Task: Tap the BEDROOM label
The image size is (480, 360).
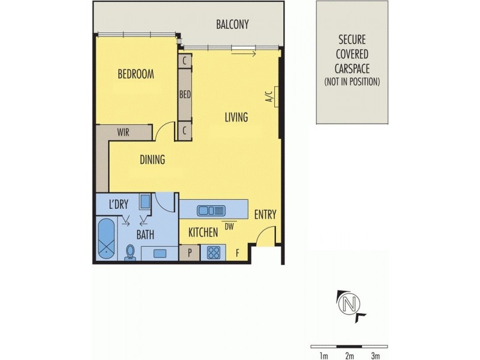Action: pos(136,74)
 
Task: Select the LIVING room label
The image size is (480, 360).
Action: pos(236,117)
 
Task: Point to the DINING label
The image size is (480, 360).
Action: pos(152,160)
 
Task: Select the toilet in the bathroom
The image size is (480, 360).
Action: pos(130,253)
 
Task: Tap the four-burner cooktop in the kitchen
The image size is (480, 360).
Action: pos(212,253)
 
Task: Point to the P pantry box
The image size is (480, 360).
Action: pos(190,253)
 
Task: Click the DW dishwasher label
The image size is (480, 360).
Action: pos(229,226)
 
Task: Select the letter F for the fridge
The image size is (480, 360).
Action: pos(238,253)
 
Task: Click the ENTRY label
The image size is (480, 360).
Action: pos(265,215)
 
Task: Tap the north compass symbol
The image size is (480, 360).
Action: pos(347,304)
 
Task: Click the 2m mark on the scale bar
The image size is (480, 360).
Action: pos(349,355)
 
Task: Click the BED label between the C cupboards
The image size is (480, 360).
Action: pos(185,94)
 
